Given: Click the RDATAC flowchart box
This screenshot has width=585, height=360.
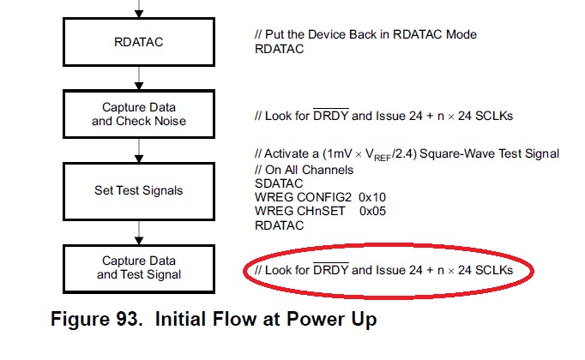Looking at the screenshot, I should (139, 42).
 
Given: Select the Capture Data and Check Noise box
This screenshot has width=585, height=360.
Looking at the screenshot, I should (139, 114).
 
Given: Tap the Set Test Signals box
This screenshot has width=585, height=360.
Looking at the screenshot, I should (139, 190).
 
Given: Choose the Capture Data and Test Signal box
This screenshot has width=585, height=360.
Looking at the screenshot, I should (139, 267).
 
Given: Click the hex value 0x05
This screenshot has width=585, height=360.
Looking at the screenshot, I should (372, 212).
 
